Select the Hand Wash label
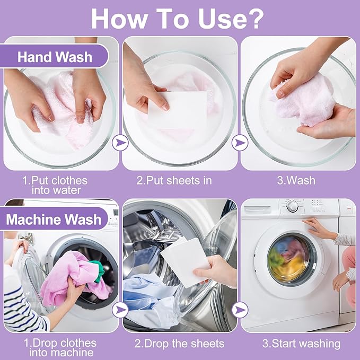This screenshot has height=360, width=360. point(55,57)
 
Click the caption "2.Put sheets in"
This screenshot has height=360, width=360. point(174,181)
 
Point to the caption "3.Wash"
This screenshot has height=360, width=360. point(296,181)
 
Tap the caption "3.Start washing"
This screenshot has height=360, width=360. point(301,344)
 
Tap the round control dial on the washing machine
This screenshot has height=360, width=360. point(293,206)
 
